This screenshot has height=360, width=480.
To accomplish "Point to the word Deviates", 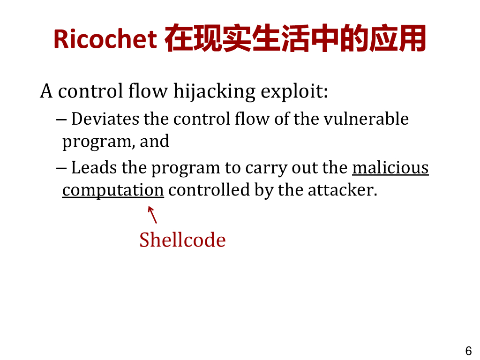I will [x=105, y=119].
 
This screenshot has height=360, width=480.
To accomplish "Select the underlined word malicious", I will [x=390, y=167].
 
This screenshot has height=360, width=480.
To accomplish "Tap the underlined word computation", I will [x=113, y=190].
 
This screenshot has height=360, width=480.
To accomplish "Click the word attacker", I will [x=342, y=190].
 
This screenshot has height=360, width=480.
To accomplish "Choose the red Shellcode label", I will [x=182, y=240].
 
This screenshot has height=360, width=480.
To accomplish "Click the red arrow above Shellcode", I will [x=152, y=215].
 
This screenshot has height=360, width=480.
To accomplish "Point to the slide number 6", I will [x=468, y=351].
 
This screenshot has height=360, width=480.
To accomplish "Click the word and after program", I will [x=154, y=141].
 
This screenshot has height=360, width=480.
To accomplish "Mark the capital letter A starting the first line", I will [x=46, y=91].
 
